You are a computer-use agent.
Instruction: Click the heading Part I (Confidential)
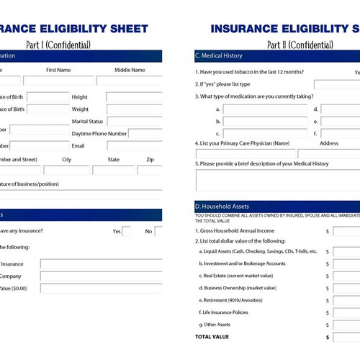click(58, 45)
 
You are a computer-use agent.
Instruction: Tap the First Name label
click(58, 70)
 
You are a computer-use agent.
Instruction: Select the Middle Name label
click(130, 70)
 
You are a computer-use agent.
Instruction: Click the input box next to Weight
click(134, 109)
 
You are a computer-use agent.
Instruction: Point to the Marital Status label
click(87, 121)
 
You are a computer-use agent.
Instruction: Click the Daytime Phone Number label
click(99, 134)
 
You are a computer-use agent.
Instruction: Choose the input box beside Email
click(134, 146)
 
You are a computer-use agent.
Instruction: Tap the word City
click(67, 159)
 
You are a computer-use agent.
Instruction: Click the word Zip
click(150, 159)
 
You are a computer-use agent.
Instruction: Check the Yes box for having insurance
click(127, 231)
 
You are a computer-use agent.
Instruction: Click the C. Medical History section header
click(219, 55)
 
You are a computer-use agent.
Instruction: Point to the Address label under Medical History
click(328, 143)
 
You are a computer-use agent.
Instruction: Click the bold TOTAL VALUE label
click(212, 336)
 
